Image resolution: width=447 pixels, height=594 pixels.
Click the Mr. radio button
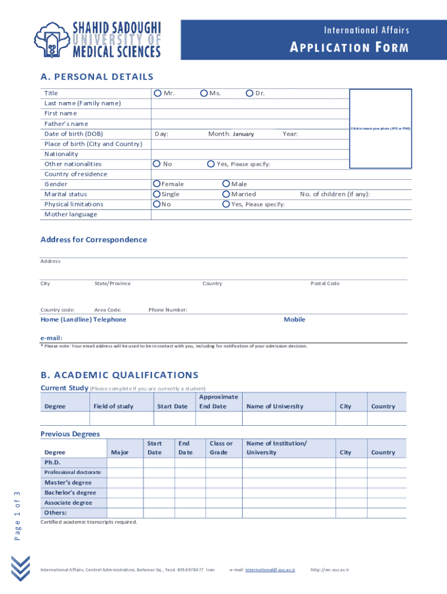pyautogui.click(x=157, y=93)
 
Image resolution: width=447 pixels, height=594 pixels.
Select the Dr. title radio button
pyautogui.click(x=250, y=93)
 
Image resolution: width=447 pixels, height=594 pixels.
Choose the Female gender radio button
pyautogui.click(x=157, y=184)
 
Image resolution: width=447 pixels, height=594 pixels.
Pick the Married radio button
pyautogui.click(x=226, y=194)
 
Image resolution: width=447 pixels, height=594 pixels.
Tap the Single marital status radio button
pyautogui.click(x=157, y=194)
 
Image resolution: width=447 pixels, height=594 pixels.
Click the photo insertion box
pyautogui.click(x=380, y=128)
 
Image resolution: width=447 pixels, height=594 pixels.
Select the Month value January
pyautogui.click(x=243, y=134)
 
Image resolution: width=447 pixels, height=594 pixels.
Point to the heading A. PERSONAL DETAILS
pyautogui.click(x=97, y=77)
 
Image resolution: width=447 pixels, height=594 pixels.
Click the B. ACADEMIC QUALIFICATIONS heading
pyautogui.click(x=119, y=375)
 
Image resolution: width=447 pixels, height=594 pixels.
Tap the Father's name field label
pyautogui.click(x=66, y=124)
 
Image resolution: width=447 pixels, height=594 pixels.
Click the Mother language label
pyautogui.click(x=71, y=215)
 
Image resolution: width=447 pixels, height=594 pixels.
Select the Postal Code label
pyautogui.click(x=325, y=284)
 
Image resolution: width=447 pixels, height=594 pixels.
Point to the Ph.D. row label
pyautogui.click(x=52, y=462)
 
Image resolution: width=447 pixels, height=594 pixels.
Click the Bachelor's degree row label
pyautogui.click(x=70, y=492)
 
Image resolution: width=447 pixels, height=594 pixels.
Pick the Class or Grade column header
pyautogui.click(x=221, y=448)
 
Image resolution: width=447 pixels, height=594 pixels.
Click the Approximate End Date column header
pyautogui.click(x=218, y=401)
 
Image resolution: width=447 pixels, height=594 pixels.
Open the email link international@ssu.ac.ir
pyautogui.click(x=270, y=570)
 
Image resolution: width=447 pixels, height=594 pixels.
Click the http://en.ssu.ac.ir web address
pyautogui.click(x=334, y=570)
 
